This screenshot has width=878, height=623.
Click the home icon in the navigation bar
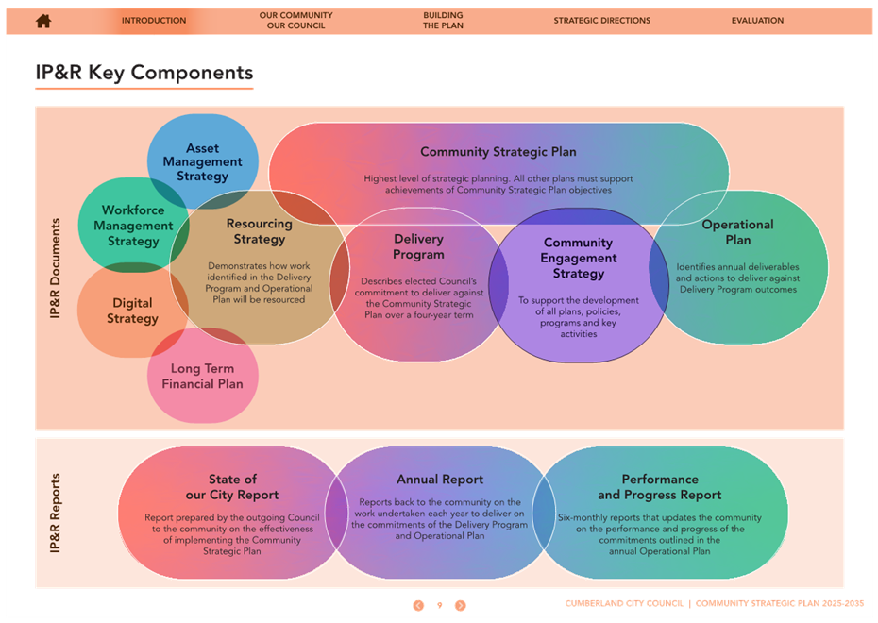[43, 21]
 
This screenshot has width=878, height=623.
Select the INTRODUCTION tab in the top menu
[154, 21]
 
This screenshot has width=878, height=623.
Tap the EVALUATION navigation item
[757, 21]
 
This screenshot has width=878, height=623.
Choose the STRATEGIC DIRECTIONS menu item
[602, 21]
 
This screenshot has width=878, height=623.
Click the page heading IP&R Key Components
[144, 73]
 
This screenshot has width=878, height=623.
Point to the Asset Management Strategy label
[203, 162]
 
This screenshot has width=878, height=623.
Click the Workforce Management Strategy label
[133, 226]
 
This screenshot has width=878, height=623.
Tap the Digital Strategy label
[133, 311]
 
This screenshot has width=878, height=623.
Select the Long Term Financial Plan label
[202, 376]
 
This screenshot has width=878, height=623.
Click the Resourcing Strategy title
[260, 231]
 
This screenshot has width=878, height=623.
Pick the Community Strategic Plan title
[498, 152]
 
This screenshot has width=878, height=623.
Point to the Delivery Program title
[418, 247]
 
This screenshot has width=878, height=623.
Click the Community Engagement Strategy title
[579, 258]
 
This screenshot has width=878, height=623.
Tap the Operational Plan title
[738, 232]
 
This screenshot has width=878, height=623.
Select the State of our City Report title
[232, 487]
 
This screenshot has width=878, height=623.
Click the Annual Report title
[440, 480]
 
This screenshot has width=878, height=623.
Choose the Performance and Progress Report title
[660, 487]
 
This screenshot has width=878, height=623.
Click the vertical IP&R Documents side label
[55, 269]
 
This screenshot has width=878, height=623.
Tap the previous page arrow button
[418, 606]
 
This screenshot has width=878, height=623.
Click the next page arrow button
[461, 606]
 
